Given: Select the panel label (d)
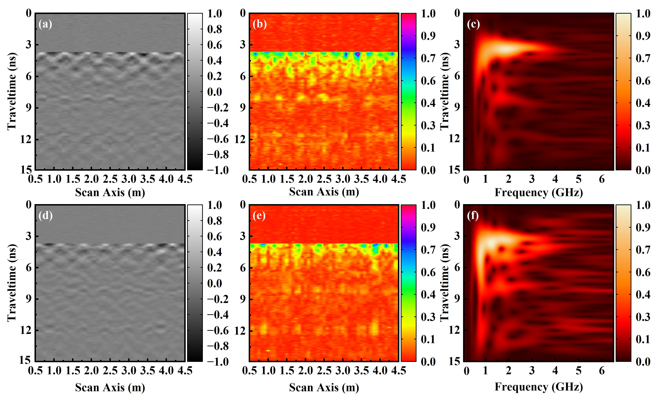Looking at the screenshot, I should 45,216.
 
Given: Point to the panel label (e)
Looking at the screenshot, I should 259,216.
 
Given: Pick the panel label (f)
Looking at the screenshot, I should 473,216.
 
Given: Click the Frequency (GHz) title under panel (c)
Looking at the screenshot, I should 539,193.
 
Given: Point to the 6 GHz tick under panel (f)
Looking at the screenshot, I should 602,371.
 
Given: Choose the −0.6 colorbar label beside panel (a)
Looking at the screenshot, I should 218,139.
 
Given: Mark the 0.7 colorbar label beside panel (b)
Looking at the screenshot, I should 428,58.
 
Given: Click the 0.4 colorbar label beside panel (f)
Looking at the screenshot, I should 643,295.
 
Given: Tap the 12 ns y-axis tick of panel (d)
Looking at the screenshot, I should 26,331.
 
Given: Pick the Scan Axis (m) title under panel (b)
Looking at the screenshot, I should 324,192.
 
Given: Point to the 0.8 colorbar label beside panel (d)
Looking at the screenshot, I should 214,221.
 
